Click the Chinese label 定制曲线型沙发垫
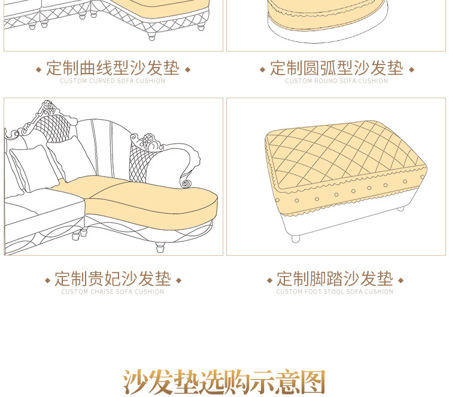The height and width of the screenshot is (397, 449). coord(113,68)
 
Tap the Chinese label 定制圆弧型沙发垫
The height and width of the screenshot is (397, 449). coord(336,68)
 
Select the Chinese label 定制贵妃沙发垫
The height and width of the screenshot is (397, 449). coord(113,278)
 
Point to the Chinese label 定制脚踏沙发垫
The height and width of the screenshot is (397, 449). coord(335,278)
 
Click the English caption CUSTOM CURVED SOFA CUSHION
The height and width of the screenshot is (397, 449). coord(113,81)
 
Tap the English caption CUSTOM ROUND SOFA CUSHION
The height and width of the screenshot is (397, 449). coord(336,81)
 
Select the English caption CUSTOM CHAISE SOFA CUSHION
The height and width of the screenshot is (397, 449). coord(113,292)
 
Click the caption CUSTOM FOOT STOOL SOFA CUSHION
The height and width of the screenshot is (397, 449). coord(335,292)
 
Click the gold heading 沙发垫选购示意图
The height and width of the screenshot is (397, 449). coord(224,382)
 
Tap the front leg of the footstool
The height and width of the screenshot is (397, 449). coord(296,238)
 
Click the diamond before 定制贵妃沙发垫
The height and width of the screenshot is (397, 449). coord(47,280)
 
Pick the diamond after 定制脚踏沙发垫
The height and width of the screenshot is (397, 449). coord(401,280)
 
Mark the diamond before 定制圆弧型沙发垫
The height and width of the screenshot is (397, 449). coord(262,69)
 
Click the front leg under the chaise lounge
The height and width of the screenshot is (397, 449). coord(160,247)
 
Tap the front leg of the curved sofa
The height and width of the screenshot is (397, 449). coord(152,36)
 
